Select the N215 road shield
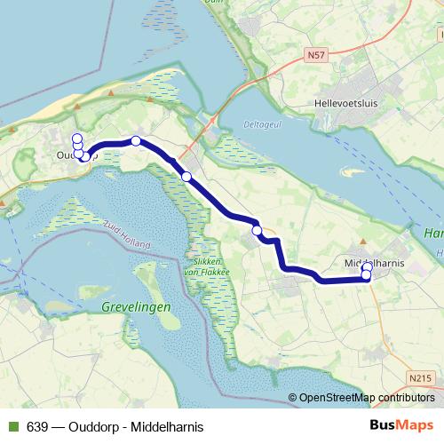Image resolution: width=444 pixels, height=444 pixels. click(x=424, y=378)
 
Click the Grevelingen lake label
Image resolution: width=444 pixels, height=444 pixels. click(x=137, y=306)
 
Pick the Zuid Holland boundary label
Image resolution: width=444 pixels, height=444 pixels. click(x=124, y=234)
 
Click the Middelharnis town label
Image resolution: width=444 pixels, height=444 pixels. click(x=372, y=264)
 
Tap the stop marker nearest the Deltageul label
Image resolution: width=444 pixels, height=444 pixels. click(x=186, y=177)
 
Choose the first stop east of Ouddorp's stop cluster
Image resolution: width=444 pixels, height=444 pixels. click(x=136, y=140)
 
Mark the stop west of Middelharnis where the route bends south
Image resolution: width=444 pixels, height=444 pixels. click(x=257, y=231)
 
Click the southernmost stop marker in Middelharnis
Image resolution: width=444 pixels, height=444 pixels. click(x=366, y=276)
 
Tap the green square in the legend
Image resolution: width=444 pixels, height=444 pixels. click(x=13, y=426)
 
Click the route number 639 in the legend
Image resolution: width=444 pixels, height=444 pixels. click(x=37, y=426)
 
